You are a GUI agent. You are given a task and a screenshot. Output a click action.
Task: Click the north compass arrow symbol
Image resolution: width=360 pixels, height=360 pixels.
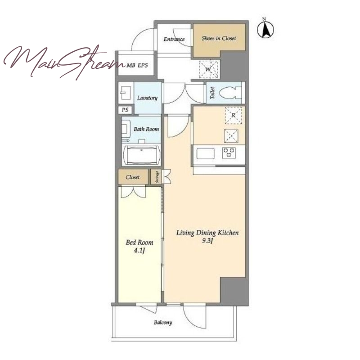coord(265,29)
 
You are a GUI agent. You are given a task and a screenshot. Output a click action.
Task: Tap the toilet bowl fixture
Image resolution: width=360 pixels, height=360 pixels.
coord(230,93)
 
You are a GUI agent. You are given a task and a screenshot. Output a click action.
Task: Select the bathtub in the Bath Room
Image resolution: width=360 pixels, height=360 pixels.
coord(141,155)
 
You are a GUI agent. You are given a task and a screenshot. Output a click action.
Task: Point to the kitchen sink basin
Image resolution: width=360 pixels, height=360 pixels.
coord(206,153)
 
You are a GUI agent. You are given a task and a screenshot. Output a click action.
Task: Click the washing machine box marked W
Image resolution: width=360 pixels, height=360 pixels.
coord(208,69)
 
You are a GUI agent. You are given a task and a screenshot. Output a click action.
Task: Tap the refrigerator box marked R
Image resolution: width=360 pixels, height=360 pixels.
coord(233,115)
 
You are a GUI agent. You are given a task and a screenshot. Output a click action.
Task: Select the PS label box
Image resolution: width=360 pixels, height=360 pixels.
coord(125,110)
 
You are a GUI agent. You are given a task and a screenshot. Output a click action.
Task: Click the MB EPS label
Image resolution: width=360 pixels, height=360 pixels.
coord(137,65)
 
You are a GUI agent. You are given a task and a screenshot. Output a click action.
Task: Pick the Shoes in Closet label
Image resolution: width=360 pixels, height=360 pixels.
coord(219,38)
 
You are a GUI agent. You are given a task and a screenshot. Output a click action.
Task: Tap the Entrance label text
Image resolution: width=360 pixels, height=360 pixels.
coord(174,39)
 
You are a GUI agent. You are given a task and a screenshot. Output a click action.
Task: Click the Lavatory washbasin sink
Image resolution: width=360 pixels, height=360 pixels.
coord(126,93)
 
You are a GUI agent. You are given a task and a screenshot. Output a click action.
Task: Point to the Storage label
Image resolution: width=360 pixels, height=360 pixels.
coord(157,177)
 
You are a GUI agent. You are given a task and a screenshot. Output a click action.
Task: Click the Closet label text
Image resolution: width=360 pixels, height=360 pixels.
coord(132,177)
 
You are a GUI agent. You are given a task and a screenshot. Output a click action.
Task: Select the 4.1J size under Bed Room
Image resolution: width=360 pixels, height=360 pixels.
coord(139,250)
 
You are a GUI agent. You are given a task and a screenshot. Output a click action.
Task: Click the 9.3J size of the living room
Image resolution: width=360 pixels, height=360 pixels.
coord(208,240)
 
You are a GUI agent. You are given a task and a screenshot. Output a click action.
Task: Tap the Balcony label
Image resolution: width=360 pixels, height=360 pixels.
coord(163,323)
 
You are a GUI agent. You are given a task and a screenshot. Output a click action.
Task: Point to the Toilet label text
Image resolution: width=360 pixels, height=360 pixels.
coord(212,93)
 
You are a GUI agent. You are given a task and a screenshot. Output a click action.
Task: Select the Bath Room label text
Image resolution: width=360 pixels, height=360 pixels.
coord(146,129)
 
